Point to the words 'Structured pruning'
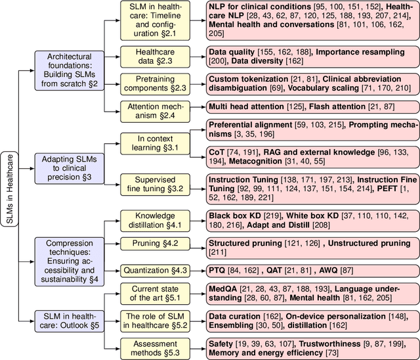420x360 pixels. [x=240, y=243]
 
